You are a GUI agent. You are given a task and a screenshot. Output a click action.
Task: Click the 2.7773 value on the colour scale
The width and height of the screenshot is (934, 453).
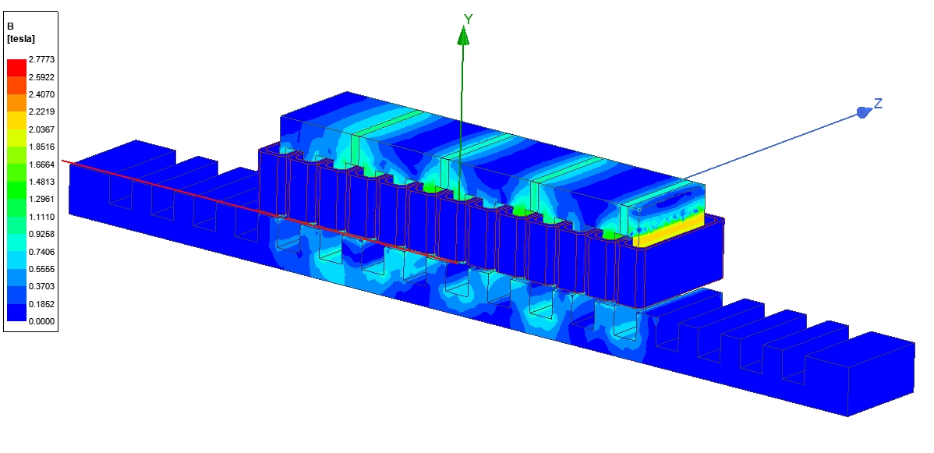(41, 59)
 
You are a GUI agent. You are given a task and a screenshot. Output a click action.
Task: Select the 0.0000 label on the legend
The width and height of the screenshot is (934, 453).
(41, 321)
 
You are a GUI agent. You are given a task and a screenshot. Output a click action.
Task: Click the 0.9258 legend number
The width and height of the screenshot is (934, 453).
(41, 234)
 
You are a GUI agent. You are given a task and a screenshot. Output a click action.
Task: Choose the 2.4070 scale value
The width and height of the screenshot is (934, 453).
(41, 94)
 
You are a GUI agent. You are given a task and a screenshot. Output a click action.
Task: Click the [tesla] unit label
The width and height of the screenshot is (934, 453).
(21, 39)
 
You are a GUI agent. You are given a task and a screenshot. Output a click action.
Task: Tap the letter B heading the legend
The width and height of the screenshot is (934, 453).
(10, 27)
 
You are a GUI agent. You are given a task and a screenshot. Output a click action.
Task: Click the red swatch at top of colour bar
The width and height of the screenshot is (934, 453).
(16, 68)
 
